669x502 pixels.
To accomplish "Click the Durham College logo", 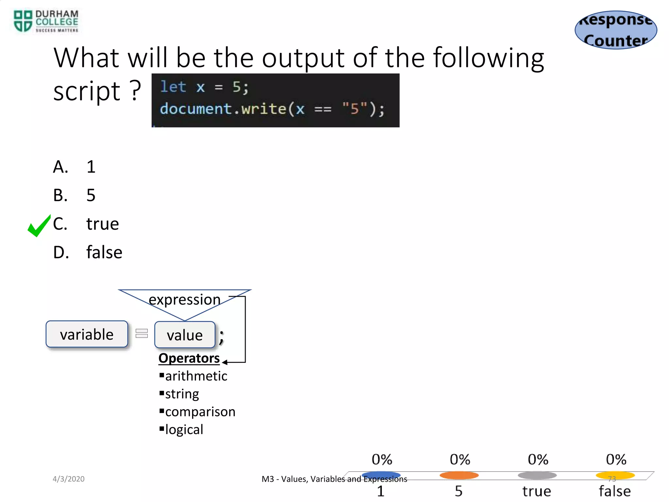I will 46,22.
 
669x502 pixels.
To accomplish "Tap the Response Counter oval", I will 616,30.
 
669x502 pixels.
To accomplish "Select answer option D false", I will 88,252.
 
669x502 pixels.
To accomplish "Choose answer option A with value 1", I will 74,167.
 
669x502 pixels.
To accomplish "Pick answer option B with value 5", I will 74,195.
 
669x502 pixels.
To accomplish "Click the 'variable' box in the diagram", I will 87,334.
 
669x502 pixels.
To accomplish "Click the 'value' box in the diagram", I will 185,335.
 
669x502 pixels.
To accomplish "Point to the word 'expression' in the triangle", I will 185,299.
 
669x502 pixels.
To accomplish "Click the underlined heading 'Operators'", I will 189,358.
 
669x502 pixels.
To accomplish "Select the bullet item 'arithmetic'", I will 196,376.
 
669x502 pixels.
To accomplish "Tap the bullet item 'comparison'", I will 200,412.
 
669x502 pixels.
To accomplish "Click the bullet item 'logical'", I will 184,429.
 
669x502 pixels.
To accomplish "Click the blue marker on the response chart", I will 381,475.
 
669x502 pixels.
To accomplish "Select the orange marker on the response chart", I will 459,475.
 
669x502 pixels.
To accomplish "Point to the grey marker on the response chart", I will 537,475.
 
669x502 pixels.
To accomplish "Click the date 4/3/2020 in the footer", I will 69,479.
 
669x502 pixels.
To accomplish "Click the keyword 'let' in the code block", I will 173,87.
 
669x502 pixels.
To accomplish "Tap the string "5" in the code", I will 354,109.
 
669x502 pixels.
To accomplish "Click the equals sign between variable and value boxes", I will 141,333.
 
